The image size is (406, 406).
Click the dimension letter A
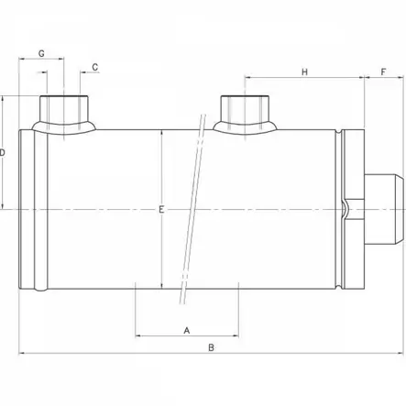187,328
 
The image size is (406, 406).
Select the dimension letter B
210,347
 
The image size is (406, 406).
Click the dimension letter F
383,71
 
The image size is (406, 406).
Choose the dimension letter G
41,53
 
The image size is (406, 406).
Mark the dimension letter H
305,71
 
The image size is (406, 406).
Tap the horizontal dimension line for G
52,60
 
